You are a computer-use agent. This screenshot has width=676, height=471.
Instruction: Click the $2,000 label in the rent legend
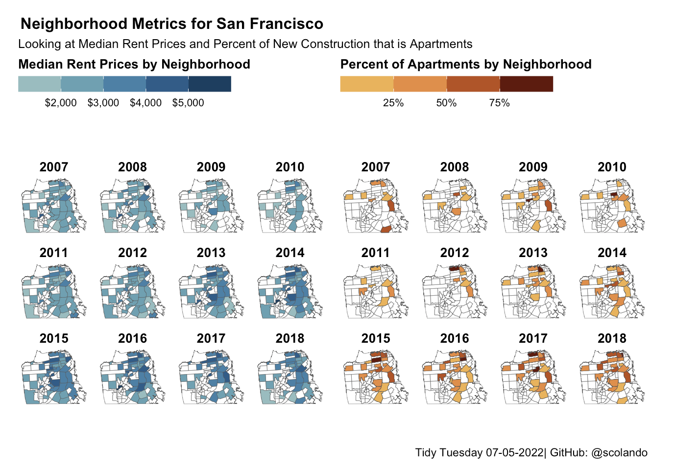(61, 103)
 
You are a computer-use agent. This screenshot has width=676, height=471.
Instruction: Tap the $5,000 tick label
(188, 103)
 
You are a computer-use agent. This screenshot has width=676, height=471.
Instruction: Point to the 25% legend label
(393, 103)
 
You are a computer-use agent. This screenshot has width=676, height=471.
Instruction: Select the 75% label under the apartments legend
(500, 103)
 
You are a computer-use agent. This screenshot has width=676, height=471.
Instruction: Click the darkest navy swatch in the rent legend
(210, 84)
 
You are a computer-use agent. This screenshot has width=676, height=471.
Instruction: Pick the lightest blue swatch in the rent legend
(39, 84)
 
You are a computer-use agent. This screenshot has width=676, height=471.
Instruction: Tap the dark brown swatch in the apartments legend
(527, 84)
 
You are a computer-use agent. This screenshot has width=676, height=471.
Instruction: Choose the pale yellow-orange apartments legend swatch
(367, 84)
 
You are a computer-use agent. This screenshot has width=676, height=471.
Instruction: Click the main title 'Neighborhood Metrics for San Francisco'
(172, 24)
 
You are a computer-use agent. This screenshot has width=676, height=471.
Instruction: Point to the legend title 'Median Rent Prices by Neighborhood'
(134, 64)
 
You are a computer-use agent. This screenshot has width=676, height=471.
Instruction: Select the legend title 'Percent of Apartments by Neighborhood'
(466, 64)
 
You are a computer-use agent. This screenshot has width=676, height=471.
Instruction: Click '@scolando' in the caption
(620, 452)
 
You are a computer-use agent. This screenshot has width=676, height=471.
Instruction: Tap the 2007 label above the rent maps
(54, 167)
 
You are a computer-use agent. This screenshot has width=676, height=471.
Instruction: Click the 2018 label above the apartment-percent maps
(612, 338)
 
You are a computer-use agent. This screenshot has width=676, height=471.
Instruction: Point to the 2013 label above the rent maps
(211, 253)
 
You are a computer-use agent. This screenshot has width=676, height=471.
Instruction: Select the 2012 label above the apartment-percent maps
(455, 253)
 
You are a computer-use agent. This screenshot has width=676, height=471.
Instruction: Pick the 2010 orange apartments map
(611, 206)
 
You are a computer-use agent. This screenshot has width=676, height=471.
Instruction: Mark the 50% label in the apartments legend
(446, 103)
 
